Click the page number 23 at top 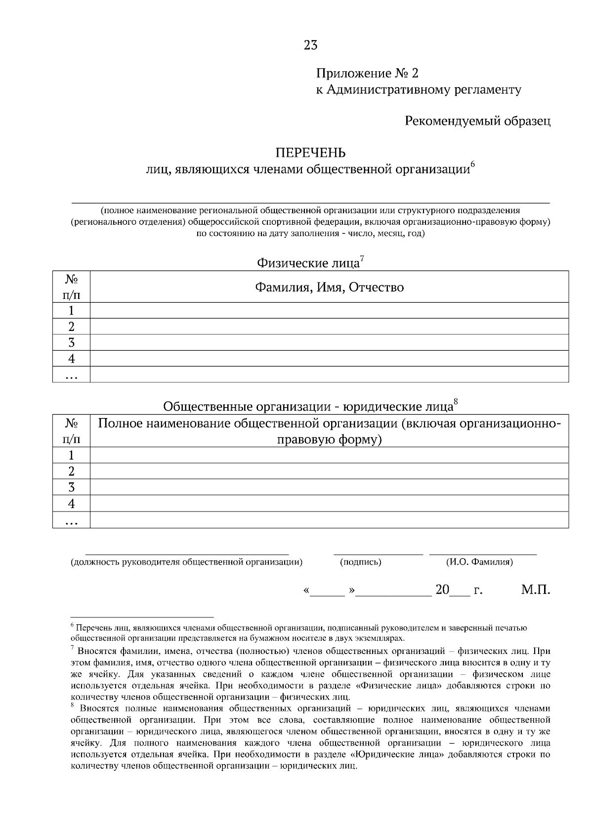pos(310,46)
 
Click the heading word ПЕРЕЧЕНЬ pos(310,152)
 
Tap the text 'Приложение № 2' pos(367,74)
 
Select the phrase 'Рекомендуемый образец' pos(477,121)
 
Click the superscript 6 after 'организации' pos(472,164)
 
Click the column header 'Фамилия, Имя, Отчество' pos(329,287)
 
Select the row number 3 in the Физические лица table pos(71,342)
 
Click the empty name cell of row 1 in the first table pos(329,311)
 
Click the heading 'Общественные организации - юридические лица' pos(308,407)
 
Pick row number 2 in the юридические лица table pos(71,471)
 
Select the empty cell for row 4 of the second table pos(329,504)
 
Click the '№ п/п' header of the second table pos(71,431)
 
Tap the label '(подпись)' pos(361,562)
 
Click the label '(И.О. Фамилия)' pos(479,562)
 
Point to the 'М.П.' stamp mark pos(535,590)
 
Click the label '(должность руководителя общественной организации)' pos(187,562)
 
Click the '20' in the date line pos(442,590)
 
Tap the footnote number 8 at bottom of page pos(73,705)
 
